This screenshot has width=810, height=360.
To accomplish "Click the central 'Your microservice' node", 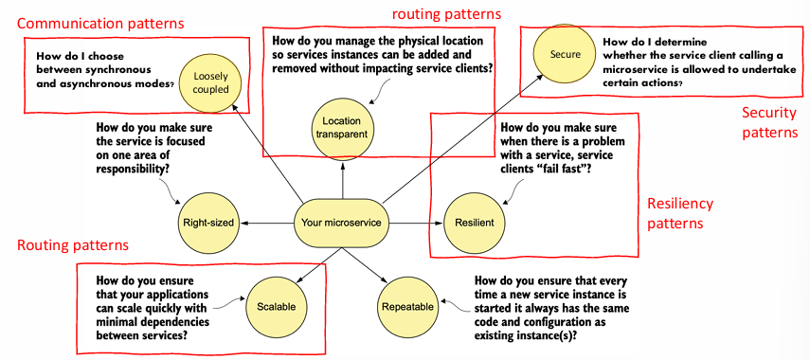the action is pos(341,224).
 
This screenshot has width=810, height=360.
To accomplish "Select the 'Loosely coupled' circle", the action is pos(210,82).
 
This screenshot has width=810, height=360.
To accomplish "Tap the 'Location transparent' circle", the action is pos(341,128).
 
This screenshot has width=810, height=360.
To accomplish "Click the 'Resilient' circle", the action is pos(475,224).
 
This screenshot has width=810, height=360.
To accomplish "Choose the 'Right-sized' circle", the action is pos(208,224).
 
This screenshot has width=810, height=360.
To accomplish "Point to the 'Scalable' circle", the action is pos(276,307).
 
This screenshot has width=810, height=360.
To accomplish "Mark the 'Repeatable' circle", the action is pos(407,307).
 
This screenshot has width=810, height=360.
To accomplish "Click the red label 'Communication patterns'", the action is pos(100,24).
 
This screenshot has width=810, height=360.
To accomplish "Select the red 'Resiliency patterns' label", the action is pos(680,213).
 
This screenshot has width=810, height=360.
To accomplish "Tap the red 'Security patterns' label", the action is pos(769,122).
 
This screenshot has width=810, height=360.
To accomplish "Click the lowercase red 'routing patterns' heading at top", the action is pos(446,14).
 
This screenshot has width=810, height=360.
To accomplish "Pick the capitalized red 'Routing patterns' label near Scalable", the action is pos(73,244).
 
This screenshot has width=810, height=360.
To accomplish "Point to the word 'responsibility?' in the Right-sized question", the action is pos(134,169).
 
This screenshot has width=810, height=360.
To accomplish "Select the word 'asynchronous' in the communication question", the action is pos(88,82).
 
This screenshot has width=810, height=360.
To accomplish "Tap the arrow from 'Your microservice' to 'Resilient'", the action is pos(416,224).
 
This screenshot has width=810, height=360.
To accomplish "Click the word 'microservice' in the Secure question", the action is pos(632,70).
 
